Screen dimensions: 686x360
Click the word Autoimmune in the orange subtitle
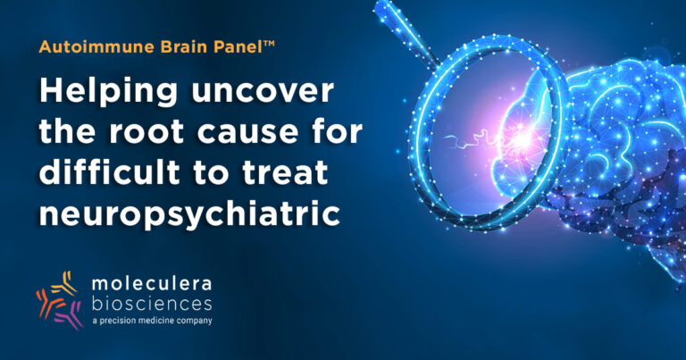point(96,46)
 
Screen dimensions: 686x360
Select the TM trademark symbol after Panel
point(270,43)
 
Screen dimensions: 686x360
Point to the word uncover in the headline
point(263,92)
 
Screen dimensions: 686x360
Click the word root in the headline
point(146,132)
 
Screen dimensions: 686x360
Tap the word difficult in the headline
point(110,172)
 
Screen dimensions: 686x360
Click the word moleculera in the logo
point(152,284)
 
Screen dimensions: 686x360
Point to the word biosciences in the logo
point(152,303)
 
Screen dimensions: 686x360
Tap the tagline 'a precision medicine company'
point(152,321)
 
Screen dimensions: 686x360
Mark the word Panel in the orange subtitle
point(242,46)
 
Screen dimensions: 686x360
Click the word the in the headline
point(67,132)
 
